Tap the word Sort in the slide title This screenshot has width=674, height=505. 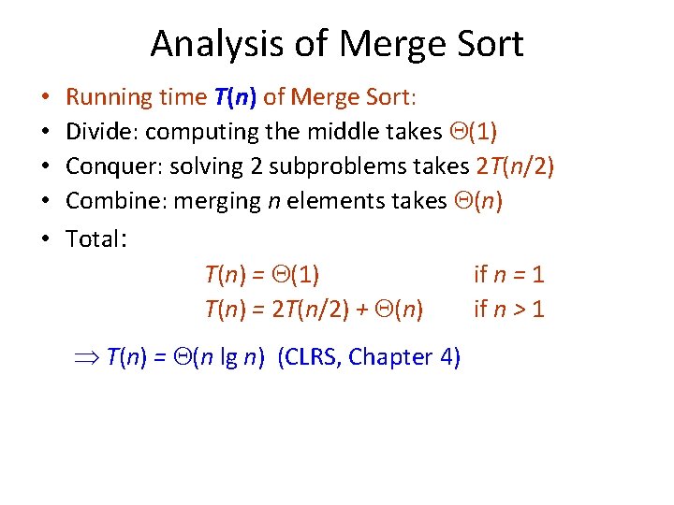coord(487,44)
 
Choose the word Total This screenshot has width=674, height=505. coord(94,238)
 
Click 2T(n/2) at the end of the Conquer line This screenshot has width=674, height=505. coord(514,167)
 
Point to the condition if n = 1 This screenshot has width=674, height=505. coord(508,275)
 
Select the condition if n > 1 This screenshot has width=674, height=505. coord(508,310)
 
